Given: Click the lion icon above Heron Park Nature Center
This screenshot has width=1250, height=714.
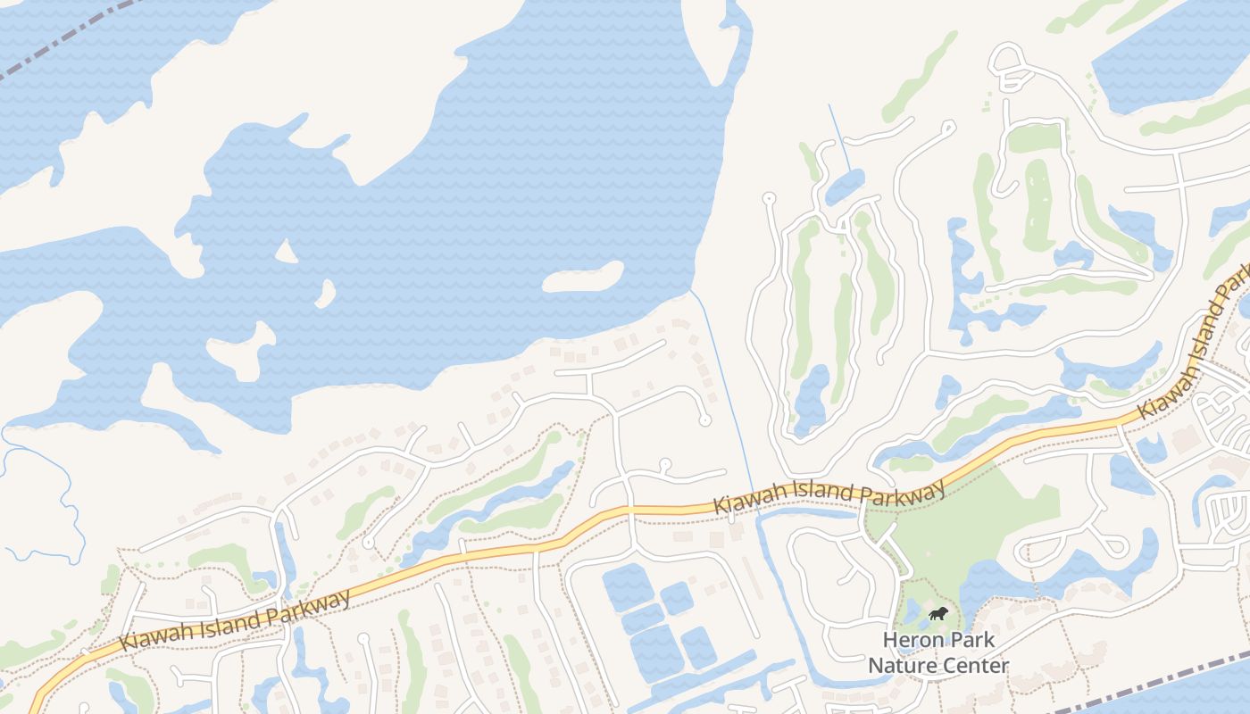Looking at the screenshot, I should pyautogui.click(x=937, y=613).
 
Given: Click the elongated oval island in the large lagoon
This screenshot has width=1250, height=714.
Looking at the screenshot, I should pyautogui.click(x=582, y=277).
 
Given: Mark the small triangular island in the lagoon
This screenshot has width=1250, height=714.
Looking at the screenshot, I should pyautogui.click(x=286, y=253).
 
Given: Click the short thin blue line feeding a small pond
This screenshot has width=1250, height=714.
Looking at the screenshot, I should pyautogui.click(x=839, y=138).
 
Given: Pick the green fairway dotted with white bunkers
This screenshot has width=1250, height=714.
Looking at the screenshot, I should pyautogui.click(x=1037, y=205).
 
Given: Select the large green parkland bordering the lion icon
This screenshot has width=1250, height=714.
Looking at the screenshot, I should pyautogui.click(x=964, y=527).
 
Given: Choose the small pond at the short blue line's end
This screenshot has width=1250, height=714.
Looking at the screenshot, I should pyautogui.click(x=845, y=186).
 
